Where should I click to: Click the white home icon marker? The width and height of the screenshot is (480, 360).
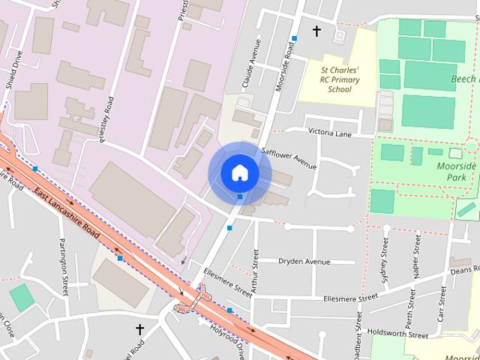tap(239, 172)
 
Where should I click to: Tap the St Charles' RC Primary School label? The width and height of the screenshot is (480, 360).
tap(330, 79)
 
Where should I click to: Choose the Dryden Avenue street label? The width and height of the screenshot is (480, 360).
tap(304, 262)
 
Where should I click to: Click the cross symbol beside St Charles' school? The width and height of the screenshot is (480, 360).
tap(316, 31)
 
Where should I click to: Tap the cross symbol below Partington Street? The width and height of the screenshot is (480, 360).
tap(139, 329)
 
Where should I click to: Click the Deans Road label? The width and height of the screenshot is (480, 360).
tap(465, 270)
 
